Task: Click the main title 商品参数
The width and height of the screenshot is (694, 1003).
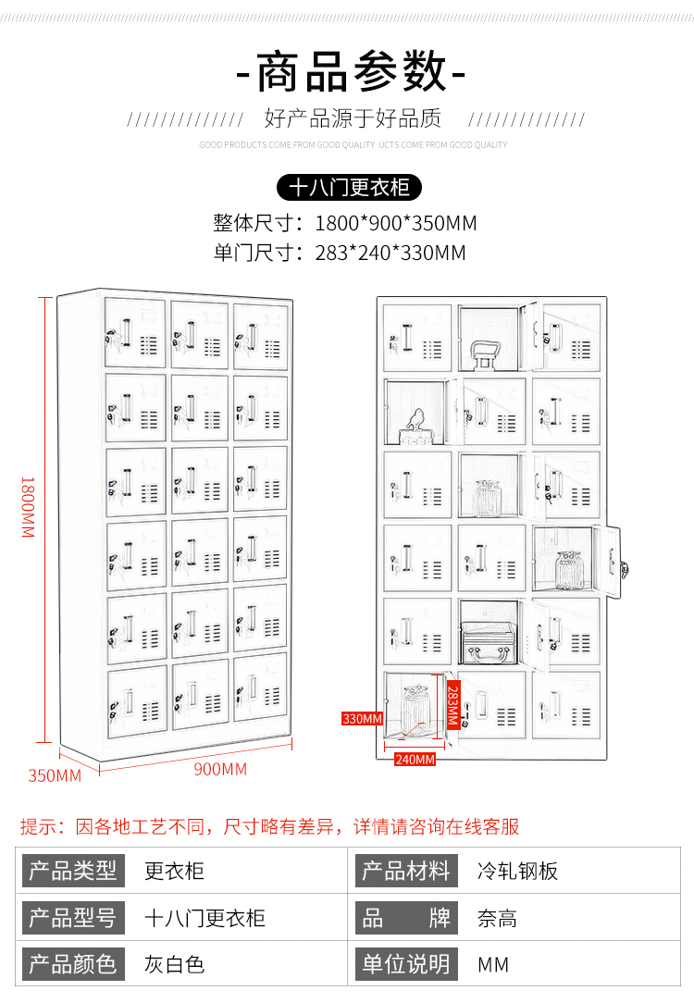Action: tap(351, 72)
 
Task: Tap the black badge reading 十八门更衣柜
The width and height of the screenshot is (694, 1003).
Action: tap(349, 188)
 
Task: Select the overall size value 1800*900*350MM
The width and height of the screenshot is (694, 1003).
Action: tap(396, 223)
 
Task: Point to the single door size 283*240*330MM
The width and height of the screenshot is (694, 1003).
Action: tap(390, 253)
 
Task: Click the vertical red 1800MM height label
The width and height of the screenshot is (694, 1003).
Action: tap(28, 507)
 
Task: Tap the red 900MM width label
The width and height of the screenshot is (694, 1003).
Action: tap(220, 769)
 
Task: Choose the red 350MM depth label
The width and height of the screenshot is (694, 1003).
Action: tap(55, 776)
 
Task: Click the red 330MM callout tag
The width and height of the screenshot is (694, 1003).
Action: tap(362, 719)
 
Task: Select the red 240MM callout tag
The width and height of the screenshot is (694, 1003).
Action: tap(415, 760)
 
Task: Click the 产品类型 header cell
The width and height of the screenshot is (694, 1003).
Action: tap(73, 871)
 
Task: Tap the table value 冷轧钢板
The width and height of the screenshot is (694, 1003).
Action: tap(517, 871)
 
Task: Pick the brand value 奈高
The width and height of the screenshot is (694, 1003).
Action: tap(497, 919)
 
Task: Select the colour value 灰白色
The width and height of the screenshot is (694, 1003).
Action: tap(174, 964)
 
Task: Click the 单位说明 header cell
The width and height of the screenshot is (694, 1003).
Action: tap(406, 964)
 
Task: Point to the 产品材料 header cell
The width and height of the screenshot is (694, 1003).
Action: tap(406, 871)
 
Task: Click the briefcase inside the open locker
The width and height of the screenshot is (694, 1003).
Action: tap(489, 642)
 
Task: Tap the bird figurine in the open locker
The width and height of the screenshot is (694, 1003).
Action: tap(415, 422)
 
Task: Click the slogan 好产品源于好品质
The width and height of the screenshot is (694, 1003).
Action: tap(353, 118)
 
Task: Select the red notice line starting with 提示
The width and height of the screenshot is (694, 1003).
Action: tap(269, 826)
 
